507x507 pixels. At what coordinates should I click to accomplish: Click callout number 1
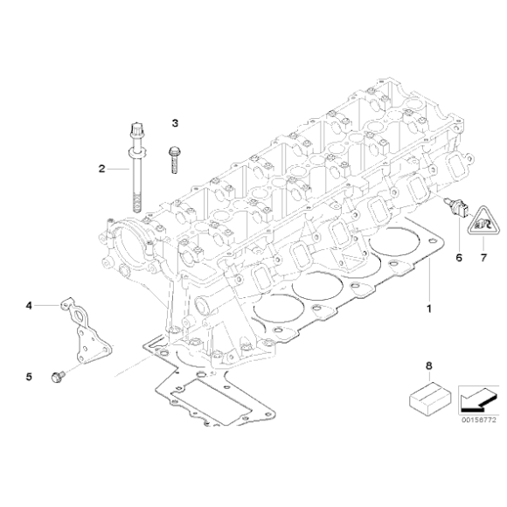point(429,309)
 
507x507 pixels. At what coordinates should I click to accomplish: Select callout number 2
point(102,169)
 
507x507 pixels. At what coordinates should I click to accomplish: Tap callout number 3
point(175,123)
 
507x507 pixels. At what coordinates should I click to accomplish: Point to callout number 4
point(29,305)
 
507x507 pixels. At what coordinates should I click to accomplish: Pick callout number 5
point(29,377)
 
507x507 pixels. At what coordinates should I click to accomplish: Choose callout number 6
point(459,258)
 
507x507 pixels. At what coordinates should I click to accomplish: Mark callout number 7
point(483,258)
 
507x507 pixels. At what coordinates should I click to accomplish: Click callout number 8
point(429,365)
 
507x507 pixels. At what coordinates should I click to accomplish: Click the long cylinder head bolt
point(137,168)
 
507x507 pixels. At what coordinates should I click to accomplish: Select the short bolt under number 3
point(174,160)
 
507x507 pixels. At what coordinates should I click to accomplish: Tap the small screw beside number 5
point(58,377)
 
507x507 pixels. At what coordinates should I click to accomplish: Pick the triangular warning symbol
point(483,223)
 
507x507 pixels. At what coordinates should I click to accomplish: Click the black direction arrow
point(476,399)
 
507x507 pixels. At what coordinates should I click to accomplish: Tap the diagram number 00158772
point(478,420)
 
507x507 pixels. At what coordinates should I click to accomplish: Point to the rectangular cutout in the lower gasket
point(211,401)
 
